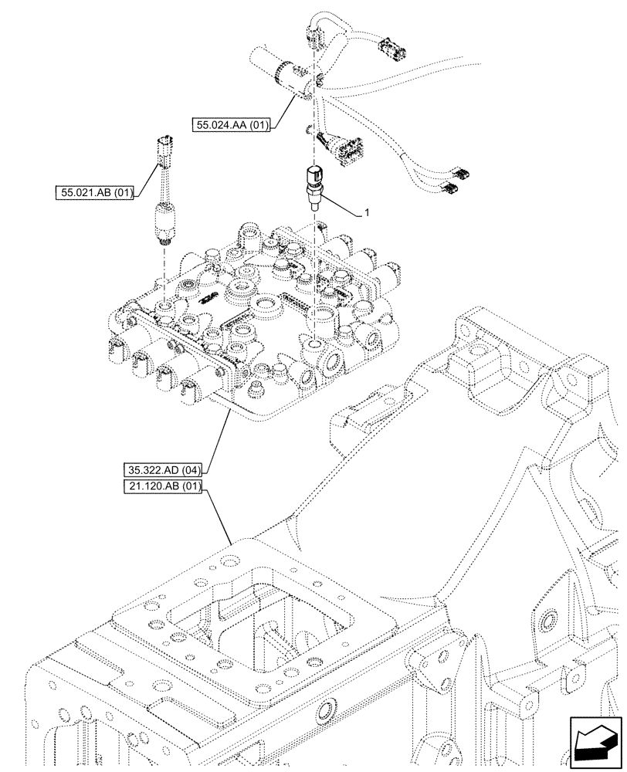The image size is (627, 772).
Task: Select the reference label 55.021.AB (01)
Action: click(x=95, y=192)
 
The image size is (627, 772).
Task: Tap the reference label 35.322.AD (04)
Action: click(x=161, y=470)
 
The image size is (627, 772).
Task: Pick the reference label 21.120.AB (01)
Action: click(x=161, y=486)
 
